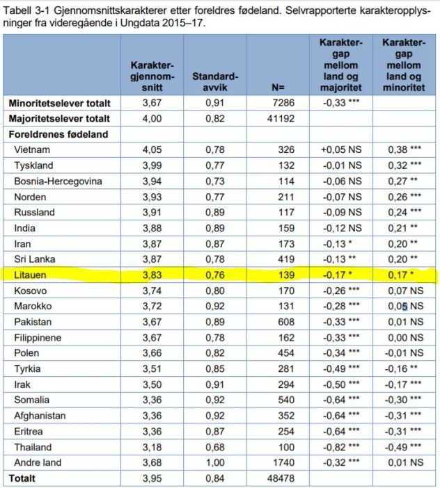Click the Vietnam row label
pos(32,149)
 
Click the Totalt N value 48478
pos(281,478)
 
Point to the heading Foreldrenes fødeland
pos(54,134)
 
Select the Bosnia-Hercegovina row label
pos(58,181)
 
